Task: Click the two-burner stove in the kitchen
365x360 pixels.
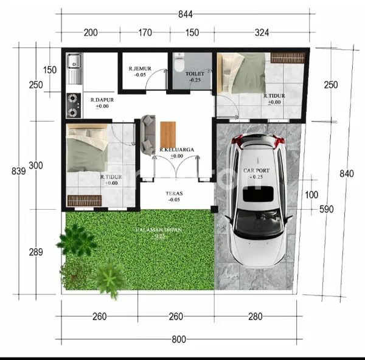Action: pos(74,105)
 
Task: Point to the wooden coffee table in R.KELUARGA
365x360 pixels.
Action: pos(168,134)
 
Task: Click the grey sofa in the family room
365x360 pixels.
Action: pos(148,134)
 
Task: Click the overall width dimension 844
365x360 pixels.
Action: pos(183,13)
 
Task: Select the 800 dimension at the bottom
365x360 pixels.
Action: pos(178,339)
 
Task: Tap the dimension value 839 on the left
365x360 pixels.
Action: pos(18,171)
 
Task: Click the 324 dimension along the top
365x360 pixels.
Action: pos(262,33)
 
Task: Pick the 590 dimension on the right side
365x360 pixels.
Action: pos(327,210)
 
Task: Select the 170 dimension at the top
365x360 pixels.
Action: pos(145,33)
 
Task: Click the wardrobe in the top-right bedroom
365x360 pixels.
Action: pos(288,58)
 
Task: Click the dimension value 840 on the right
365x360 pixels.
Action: pos(346,174)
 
